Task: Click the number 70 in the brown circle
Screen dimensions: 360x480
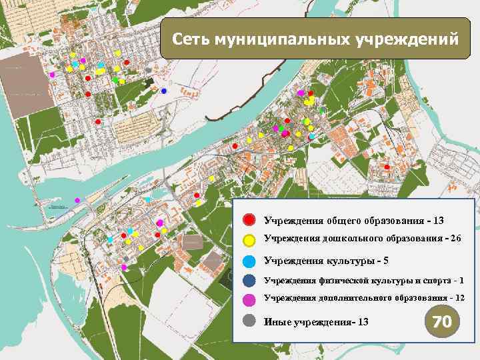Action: (x=442, y=322)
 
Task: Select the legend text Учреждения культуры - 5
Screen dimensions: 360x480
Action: (x=323, y=260)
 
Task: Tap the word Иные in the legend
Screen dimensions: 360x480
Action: (x=277, y=323)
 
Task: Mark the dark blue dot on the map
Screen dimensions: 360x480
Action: (x=164, y=91)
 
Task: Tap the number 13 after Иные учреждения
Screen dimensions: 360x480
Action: (x=363, y=323)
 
